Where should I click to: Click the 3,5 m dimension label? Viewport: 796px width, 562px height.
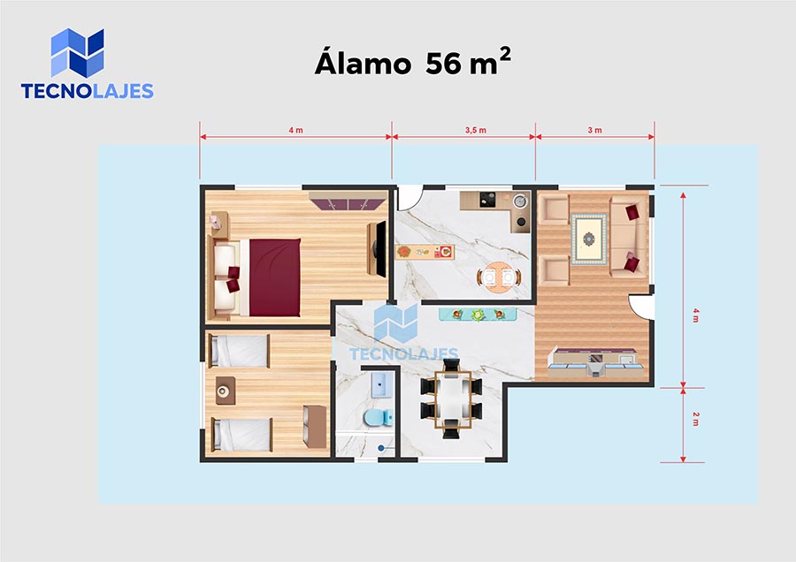click(x=476, y=131)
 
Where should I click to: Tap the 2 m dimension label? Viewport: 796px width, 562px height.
click(x=695, y=419)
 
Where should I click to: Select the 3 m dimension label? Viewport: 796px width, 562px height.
click(x=595, y=131)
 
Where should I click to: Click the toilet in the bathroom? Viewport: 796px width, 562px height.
click(x=379, y=418)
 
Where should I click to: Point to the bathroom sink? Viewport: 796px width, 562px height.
click(x=381, y=385)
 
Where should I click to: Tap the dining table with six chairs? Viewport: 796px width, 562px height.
click(x=452, y=399)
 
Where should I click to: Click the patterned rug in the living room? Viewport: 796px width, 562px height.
click(x=589, y=239)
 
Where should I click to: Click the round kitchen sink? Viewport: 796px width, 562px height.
click(x=519, y=201)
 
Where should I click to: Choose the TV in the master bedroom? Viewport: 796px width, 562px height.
click(x=380, y=249)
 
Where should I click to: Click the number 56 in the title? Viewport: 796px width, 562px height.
click(x=444, y=64)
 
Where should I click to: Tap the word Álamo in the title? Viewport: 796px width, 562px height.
click(x=363, y=61)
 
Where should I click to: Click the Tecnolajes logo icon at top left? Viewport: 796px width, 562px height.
click(x=77, y=53)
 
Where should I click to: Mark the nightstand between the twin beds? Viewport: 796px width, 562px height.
click(x=225, y=391)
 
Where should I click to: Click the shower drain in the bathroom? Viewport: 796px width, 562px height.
click(x=381, y=448)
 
